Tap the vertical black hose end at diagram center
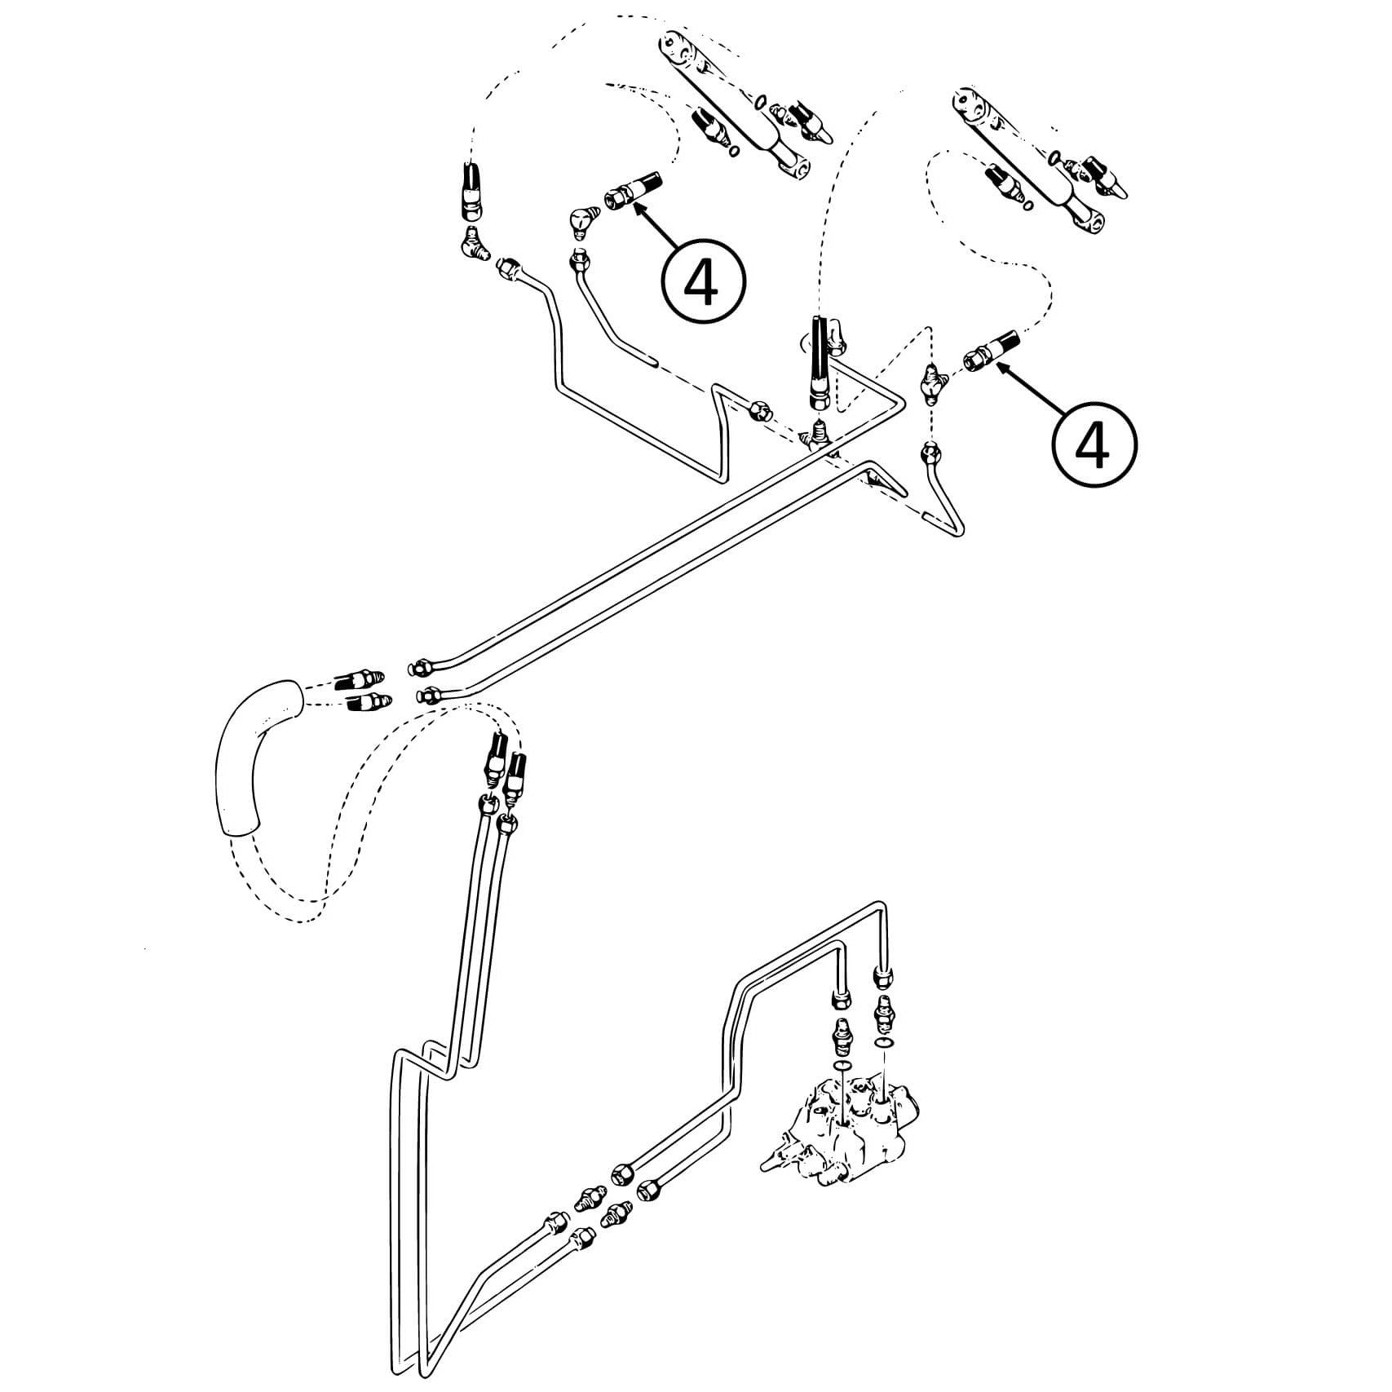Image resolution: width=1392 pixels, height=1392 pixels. pos(820,363)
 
